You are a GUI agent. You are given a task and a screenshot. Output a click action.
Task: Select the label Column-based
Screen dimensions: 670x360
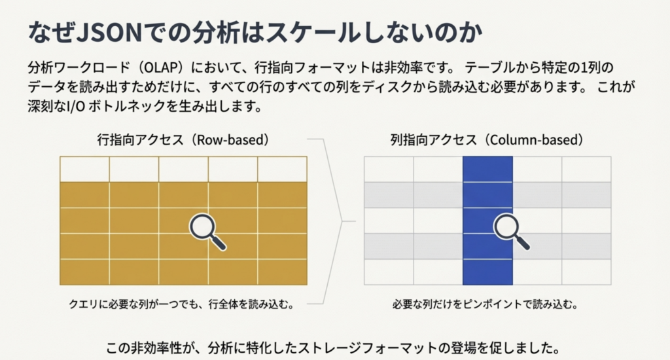pyautogui.click(x=537, y=140)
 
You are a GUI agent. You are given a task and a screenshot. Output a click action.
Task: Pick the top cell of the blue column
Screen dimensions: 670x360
pyautogui.click(x=487, y=170)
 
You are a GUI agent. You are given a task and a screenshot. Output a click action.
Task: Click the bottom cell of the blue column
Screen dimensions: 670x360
pyautogui.click(x=487, y=272)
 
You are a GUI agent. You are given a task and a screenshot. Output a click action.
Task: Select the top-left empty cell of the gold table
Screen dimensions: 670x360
pyautogui.click(x=84, y=170)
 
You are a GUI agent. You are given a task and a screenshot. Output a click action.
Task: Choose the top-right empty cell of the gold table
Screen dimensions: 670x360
pyautogui.click(x=283, y=170)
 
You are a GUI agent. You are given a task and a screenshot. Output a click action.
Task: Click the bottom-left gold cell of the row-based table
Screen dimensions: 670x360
pyautogui.click(x=84, y=272)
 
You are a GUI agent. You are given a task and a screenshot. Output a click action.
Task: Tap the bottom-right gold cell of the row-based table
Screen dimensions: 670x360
pyautogui.click(x=283, y=272)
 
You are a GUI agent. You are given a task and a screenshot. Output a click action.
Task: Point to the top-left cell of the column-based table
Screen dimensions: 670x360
pyautogui.click(x=389, y=170)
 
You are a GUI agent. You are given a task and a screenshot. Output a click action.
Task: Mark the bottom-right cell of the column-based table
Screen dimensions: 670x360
pyautogui.click(x=587, y=272)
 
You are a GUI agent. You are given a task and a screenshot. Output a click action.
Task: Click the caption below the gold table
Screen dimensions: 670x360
pyautogui.click(x=182, y=304)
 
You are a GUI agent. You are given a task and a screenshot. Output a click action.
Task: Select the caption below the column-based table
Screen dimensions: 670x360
pyautogui.click(x=485, y=304)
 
